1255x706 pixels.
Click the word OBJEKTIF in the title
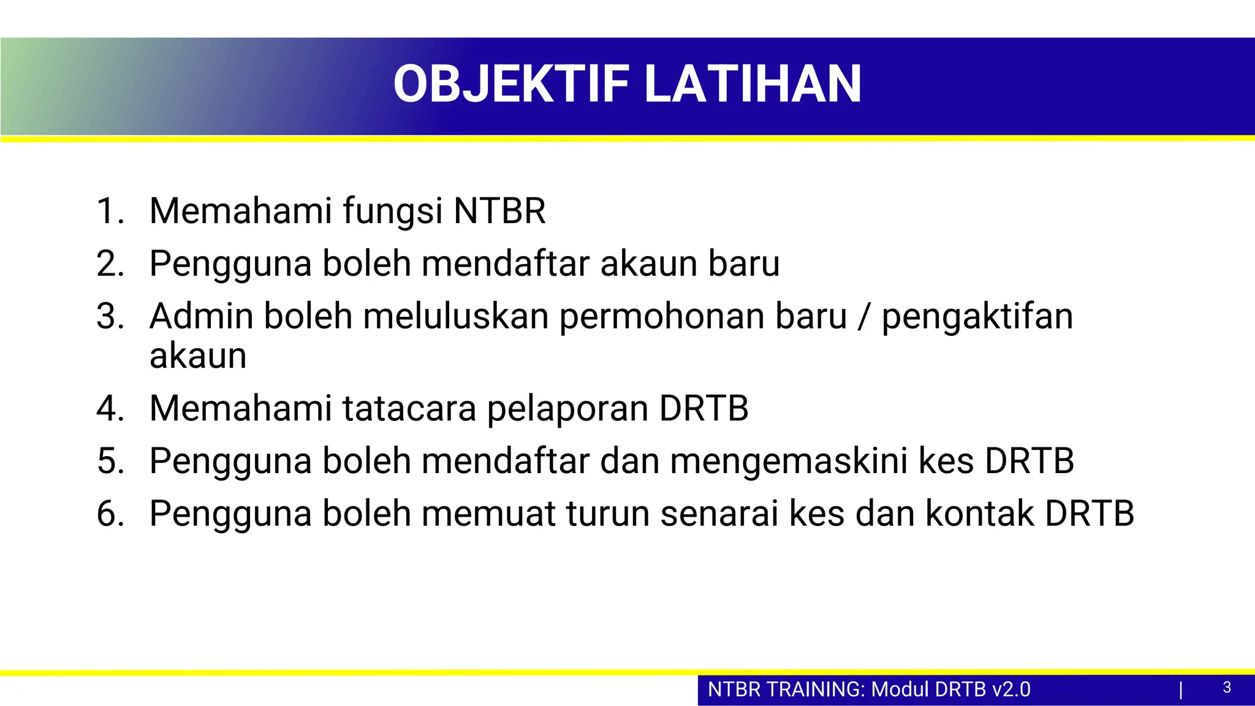(511, 85)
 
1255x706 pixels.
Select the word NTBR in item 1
(499, 211)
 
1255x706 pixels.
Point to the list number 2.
(110, 264)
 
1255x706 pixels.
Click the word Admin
(201, 316)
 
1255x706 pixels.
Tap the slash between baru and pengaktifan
(864, 317)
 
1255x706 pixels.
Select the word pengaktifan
(977, 317)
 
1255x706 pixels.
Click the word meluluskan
(455, 316)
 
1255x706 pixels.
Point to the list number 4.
(110, 409)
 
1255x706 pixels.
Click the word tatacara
(409, 409)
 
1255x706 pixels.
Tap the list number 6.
(110, 514)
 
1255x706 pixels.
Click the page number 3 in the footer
(1227, 688)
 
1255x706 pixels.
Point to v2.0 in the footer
(1011, 689)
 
